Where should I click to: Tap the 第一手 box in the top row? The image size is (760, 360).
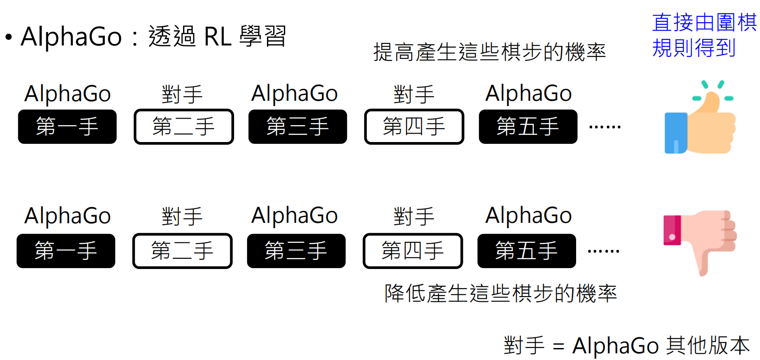pos(67,127)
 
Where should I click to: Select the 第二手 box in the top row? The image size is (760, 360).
pos(183,127)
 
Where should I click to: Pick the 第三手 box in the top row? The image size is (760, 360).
pos(298,127)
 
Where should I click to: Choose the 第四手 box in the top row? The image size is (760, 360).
pos(414,127)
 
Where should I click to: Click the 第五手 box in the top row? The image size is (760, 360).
pos(528,127)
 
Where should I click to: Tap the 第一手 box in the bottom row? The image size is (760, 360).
pos(66,251)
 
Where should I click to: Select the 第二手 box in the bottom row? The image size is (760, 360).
pos(182,251)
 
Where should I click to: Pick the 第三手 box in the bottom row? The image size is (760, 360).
pos(296,251)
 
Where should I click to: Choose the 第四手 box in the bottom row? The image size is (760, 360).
pos(413,251)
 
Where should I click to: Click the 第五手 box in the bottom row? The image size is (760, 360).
pos(527,251)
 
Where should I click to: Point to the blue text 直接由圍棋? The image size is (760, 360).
pos(704,23)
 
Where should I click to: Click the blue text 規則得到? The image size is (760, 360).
pos(694,48)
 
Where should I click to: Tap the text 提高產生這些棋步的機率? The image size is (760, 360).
pos(489,52)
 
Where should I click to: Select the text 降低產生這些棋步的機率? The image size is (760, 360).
pos(501,293)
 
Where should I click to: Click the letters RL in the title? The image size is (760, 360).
pos(218,37)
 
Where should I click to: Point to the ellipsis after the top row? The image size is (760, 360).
pos(605,127)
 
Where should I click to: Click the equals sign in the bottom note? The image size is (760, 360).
pos(558,347)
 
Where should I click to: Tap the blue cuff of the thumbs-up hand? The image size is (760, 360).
pos(676,133)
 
